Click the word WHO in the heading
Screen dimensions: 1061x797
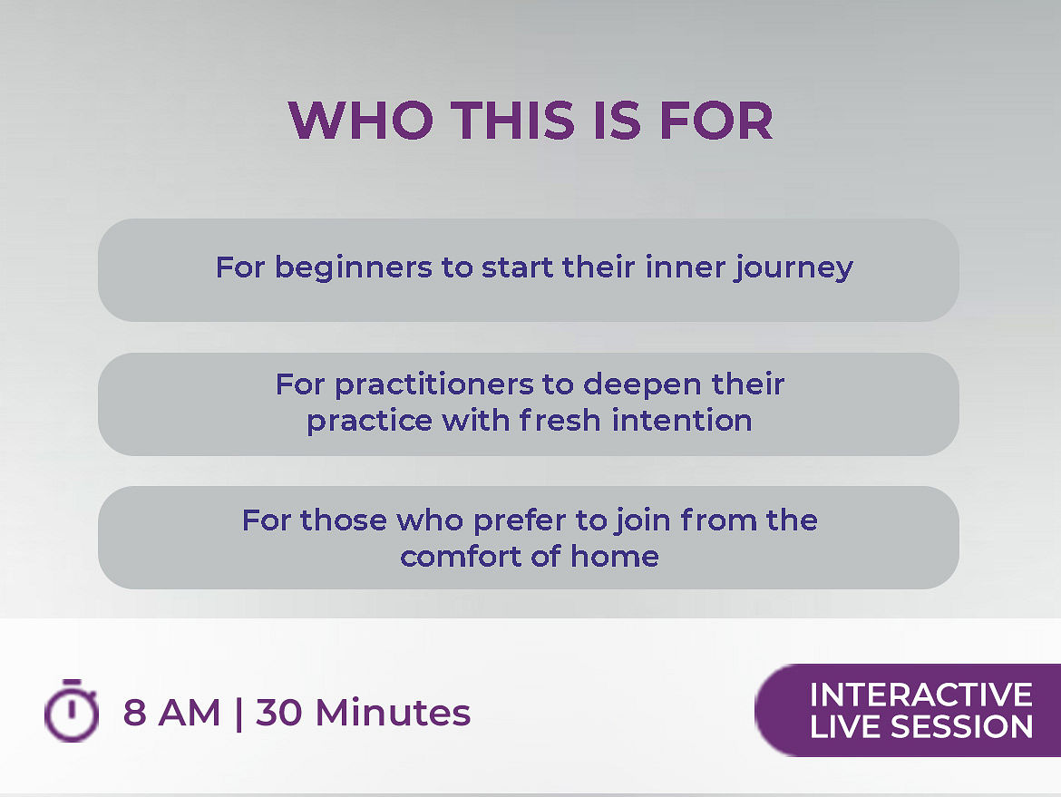point(361,121)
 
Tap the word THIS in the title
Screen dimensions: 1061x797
point(513,121)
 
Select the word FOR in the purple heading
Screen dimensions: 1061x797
point(715,121)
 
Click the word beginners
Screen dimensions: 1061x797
point(354,268)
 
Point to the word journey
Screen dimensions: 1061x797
point(794,268)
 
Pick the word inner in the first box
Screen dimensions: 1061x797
point(685,267)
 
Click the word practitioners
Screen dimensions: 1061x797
point(434,385)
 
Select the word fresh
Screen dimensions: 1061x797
point(560,420)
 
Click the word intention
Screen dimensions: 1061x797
point(682,420)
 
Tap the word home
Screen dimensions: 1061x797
point(615,557)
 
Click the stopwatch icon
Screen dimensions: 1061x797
point(71,710)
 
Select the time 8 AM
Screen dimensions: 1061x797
point(172,713)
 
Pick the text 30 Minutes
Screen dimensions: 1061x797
point(363,713)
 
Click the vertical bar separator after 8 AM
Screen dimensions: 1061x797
point(238,714)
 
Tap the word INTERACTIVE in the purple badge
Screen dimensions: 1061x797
point(921,695)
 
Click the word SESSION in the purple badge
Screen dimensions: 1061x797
point(961,726)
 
